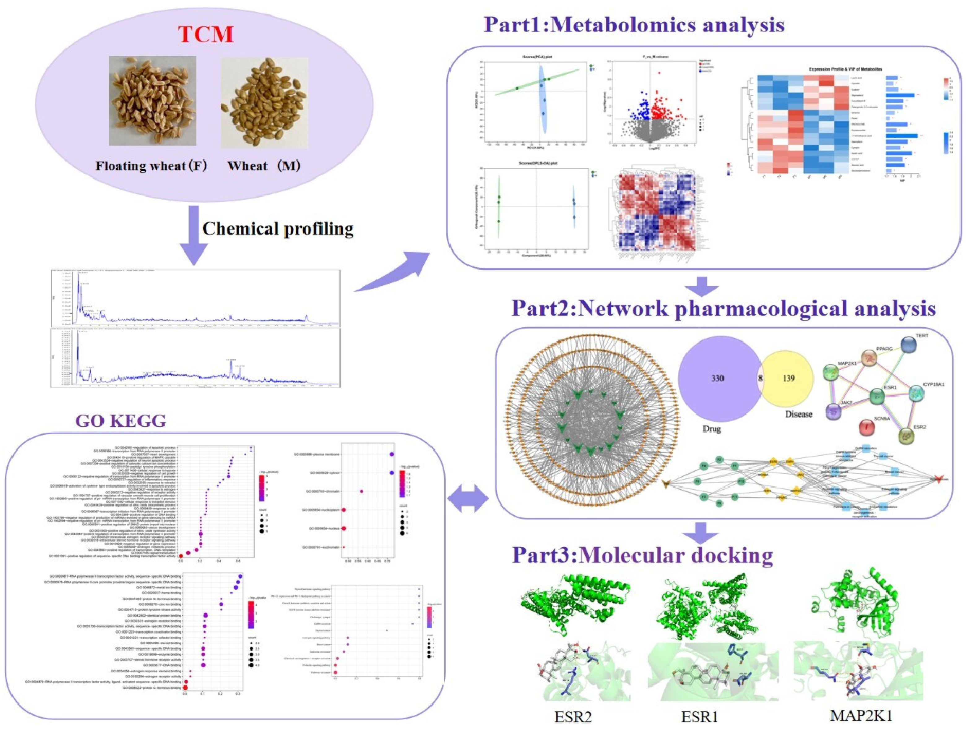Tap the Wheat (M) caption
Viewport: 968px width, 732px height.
(263, 166)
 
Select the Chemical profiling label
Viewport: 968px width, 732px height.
(278, 229)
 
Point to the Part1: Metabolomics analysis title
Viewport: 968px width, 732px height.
(634, 24)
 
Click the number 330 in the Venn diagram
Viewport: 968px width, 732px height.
(717, 378)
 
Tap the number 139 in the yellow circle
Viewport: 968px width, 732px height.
(789, 378)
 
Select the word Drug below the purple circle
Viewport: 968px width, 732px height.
(711, 429)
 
